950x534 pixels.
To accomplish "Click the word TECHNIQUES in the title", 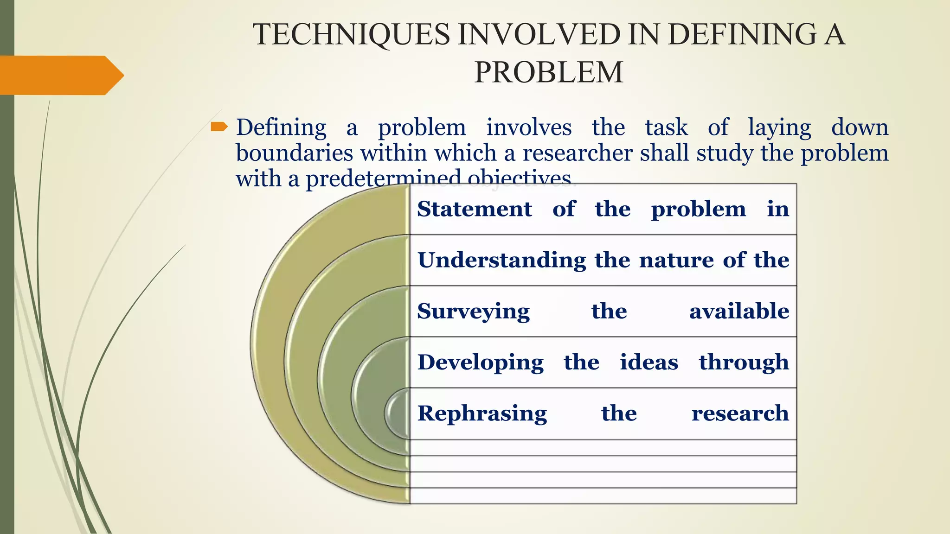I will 351,35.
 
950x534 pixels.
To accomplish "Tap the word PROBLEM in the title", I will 548,73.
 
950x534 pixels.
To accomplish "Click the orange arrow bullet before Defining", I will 219,127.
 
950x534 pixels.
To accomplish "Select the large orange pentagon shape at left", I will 60,75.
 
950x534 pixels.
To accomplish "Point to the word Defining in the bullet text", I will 281,128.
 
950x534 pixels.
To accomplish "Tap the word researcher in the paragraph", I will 578,153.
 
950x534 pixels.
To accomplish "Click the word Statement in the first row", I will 474,209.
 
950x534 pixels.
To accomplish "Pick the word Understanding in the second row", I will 502,261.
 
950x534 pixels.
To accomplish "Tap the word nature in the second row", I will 676,260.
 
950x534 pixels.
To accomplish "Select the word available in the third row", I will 739,311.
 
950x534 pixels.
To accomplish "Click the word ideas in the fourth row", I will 649,362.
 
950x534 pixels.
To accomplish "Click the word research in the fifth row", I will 740,413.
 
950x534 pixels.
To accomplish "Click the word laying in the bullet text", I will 779,128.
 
